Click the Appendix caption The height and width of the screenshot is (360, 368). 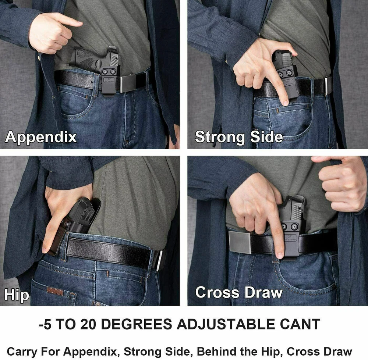[40, 137]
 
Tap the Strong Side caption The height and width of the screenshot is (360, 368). [239, 137]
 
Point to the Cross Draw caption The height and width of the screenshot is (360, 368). [239, 292]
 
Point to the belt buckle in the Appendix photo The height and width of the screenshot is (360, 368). [129, 83]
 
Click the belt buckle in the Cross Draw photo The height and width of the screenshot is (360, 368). [240, 242]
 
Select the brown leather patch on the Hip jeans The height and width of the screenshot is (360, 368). [55, 291]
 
